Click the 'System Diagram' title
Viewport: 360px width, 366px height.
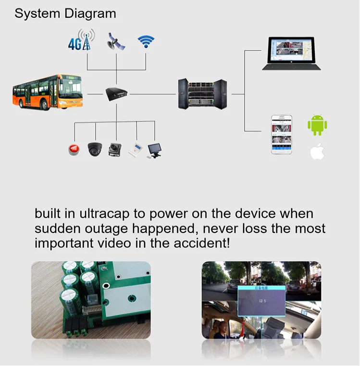[x=65, y=13]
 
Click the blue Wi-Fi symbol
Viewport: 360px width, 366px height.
[x=146, y=41]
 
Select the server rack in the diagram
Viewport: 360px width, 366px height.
[x=202, y=93]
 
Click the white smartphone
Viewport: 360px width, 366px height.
[x=282, y=134]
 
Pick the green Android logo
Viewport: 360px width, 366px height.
[x=317, y=124]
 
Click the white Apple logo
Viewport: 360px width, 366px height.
[x=317, y=152]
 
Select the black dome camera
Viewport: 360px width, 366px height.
[x=95, y=149]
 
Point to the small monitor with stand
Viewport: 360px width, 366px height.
[x=156, y=149]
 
